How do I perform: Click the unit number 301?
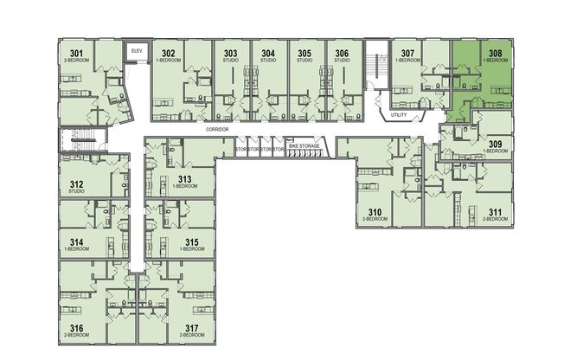click(x=76, y=55)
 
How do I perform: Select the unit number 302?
click(x=168, y=55)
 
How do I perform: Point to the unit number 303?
click(x=230, y=54)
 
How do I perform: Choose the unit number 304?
click(x=268, y=54)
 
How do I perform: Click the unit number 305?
click(x=304, y=54)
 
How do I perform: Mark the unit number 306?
click(x=342, y=54)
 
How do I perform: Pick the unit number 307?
click(x=407, y=54)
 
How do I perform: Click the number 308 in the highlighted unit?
click(x=496, y=54)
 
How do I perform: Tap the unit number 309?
click(x=495, y=144)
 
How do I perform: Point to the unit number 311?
click(x=495, y=212)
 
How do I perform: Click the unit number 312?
click(x=76, y=183)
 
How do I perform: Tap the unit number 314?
click(x=76, y=241)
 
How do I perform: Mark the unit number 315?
click(x=192, y=241)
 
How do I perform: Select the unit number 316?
click(x=76, y=328)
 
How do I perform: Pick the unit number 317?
click(x=192, y=328)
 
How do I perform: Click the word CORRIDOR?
click(x=216, y=128)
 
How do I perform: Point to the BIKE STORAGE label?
click(x=304, y=147)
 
